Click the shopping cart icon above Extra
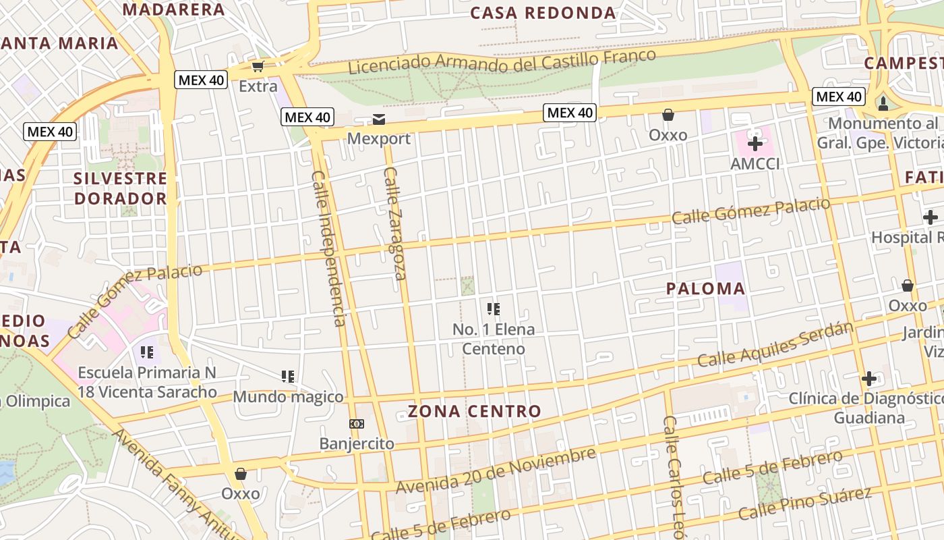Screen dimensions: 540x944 258,66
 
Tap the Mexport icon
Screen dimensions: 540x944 379,119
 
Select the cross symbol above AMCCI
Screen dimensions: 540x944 755,143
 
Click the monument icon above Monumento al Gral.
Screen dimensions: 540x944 883,103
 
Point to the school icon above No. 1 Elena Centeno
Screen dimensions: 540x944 494,309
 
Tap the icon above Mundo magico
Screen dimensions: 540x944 288,376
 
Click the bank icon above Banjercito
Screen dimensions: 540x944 356,424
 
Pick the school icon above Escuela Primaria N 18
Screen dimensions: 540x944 147,352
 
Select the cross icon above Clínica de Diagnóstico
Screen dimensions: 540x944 869,378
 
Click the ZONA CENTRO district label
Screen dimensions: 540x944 474,411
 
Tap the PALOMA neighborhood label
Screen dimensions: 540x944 705,289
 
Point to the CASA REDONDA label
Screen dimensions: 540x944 543,13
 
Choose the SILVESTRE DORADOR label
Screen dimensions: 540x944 120,188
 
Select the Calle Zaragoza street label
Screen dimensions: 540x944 394,223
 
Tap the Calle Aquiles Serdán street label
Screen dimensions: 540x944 775,345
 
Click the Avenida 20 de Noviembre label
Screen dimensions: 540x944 496,470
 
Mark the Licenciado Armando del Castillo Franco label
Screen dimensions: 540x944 502,61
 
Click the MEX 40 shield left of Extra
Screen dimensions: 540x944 200,80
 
